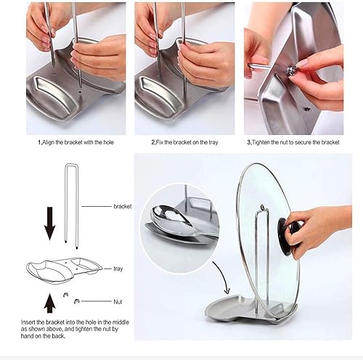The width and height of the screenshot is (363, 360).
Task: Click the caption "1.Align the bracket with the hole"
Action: [76, 142]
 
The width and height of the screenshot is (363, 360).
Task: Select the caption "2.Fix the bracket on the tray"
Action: [184, 142]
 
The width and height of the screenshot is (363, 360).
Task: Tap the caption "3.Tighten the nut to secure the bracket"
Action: [293, 142]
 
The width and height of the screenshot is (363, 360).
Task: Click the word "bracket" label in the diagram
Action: [123, 206]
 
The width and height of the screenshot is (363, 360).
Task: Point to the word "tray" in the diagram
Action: [118, 269]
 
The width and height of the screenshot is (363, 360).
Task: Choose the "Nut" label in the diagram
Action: [118, 302]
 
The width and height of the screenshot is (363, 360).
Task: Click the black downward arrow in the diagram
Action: [50, 224]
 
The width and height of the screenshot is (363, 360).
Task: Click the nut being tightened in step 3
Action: [291, 70]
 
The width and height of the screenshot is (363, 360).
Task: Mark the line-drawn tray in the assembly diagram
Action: [64, 269]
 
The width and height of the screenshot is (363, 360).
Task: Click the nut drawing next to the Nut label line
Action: [77, 301]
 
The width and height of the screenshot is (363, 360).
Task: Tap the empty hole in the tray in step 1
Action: [80, 92]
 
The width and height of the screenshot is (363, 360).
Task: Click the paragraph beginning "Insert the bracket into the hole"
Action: [75, 329]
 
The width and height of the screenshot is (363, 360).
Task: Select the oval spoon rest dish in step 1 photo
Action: [54, 97]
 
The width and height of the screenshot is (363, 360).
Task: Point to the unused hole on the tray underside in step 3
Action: [307, 109]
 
